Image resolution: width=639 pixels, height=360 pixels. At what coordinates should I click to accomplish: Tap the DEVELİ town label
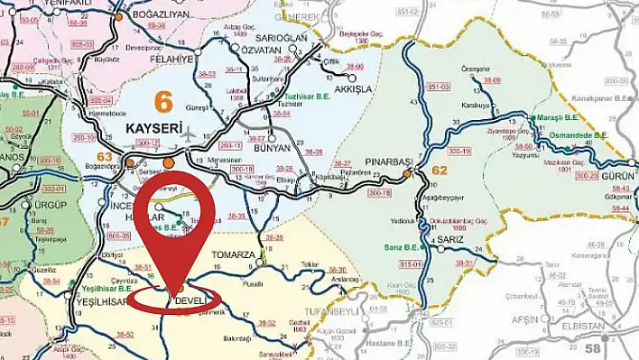click(x=191, y=300)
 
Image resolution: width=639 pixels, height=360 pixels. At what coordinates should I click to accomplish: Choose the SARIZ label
click(x=449, y=241)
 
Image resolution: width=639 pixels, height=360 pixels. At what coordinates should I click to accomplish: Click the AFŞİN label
click(x=525, y=318)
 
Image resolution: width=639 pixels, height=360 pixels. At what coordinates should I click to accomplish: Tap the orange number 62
click(x=440, y=169)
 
